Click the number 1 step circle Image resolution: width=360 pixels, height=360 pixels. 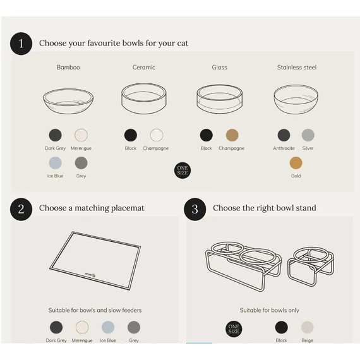coord(21,44)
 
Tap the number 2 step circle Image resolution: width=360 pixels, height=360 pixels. coord(21,209)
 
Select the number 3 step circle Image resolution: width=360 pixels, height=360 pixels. coord(195,209)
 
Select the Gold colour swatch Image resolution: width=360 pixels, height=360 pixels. coord(296,163)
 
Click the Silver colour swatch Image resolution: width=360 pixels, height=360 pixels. coord(308,135)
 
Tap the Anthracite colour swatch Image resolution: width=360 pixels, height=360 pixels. coord(284,135)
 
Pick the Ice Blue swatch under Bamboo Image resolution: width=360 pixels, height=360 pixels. coord(55,163)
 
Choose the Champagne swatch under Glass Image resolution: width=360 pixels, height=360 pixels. coord(232,135)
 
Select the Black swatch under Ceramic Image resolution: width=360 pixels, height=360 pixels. coord(131,135)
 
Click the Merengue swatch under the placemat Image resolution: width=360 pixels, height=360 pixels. coord(82,327)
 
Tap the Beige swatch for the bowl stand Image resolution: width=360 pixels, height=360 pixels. coord(307,327)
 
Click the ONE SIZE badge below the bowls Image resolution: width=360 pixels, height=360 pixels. coord(183,171)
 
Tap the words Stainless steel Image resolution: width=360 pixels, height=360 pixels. coord(297,68)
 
